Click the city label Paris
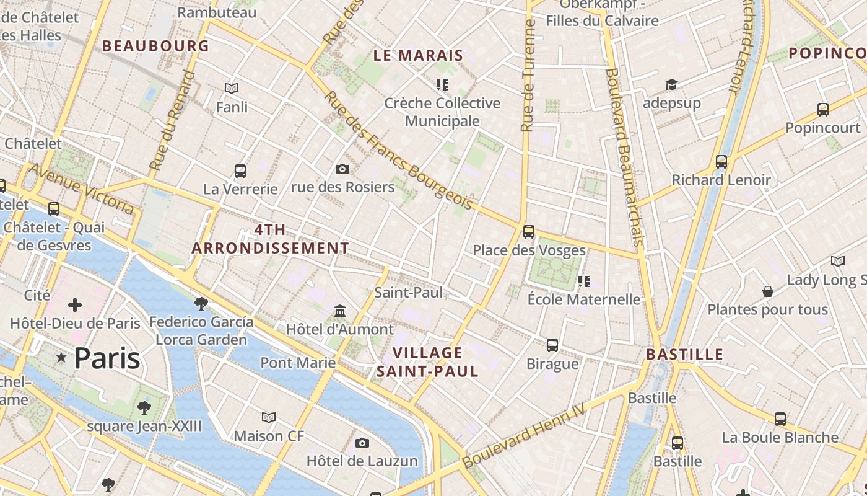click(x=107, y=358)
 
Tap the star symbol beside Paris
click(x=61, y=358)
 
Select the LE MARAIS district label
click(x=418, y=55)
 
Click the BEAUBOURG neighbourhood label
click(x=155, y=45)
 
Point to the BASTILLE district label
click(x=684, y=355)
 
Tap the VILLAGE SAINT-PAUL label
click(x=427, y=362)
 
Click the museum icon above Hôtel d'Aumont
click(x=339, y=311)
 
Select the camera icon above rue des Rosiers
click(x=342, y=169)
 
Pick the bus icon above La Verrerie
click(x=240, y=170)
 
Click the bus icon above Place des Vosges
click(x=528, y=232)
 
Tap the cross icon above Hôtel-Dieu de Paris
click(x=75, y=304)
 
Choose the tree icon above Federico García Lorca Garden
click(x=201, y=303)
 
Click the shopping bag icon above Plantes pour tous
click(x=767, y=291)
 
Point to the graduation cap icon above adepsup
click(x=671, y=84)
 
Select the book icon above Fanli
click(x=232, y=89)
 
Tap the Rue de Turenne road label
click(x=528, y=76)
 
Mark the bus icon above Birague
click(x=552, y=345)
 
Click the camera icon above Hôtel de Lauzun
click(x=362, y=443)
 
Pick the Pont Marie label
click(x=298, y=363)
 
